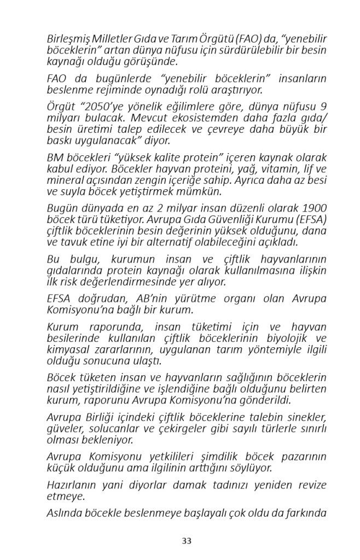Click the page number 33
click(x=187, y=541)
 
